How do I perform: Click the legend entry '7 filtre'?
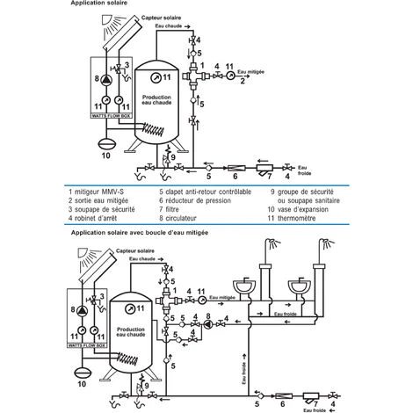tap(176, 209)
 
